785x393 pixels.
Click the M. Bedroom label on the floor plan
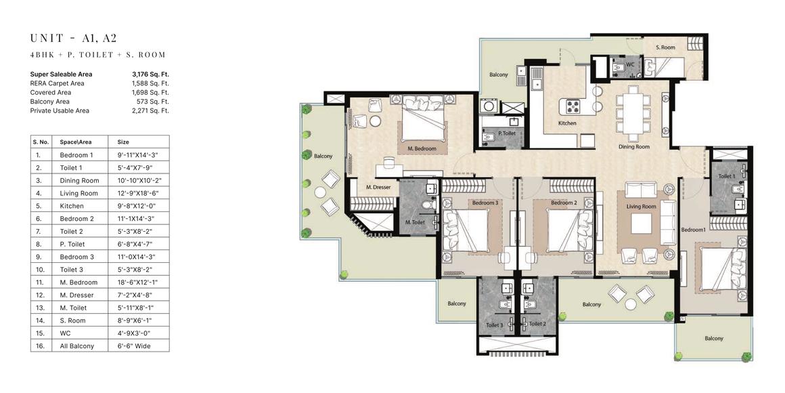pos(422,149)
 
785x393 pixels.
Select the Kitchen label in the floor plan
pos(567,123)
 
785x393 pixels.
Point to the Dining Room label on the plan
pos(634,147)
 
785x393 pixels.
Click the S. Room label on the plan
pos(665,47)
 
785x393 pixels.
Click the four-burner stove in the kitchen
pos(573,106)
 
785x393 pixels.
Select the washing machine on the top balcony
pos(487,106)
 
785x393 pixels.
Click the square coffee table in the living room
pos(642,224)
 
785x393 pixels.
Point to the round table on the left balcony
pos(320,192)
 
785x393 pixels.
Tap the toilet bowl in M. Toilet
pos(426,205)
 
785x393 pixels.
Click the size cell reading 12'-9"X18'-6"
pos(133,194)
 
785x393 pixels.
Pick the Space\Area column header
pos(76,142)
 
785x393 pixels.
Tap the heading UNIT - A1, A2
pos(74,38)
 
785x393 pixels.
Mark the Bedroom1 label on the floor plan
pos(694,230)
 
